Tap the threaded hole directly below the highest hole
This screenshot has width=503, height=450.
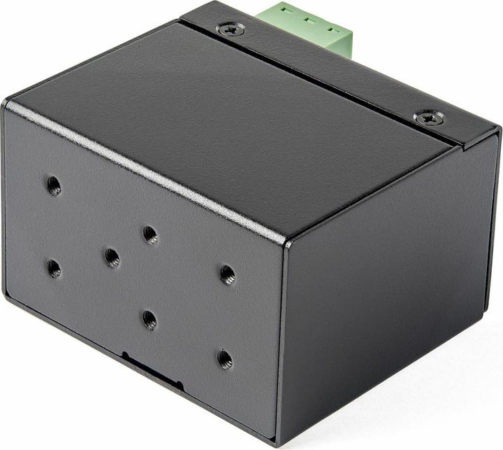(x=54, y=268)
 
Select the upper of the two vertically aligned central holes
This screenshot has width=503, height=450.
(x=150, y=234)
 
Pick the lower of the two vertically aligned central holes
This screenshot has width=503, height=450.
(x=150, y=319)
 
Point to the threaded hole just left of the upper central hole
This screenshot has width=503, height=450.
(x=112, y=258)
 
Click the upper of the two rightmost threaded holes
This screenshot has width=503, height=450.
(x=227, y=274)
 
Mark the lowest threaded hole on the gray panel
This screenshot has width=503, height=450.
(x=225, y=359)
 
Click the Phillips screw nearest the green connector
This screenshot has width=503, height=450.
(x=231, y=29)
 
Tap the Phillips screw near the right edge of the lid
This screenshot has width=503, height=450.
(x=429, y=118)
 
